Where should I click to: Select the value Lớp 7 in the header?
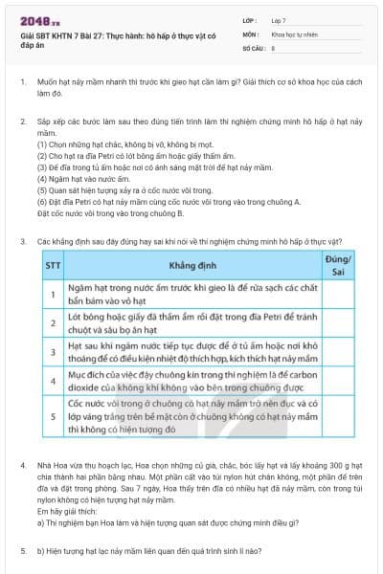tap(279, 19)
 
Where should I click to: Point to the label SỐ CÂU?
tap(253, 46)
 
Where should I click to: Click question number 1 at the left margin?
tap(22, 83)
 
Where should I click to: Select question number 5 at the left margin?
tap(22, 552)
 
